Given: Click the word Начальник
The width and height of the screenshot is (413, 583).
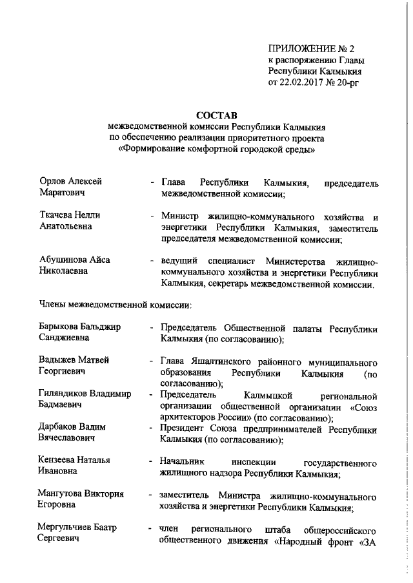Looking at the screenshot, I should click(x=183, y=461).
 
